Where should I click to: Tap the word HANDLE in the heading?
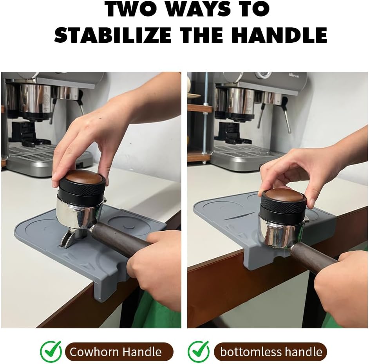pyautogui.click(x=279, y=35)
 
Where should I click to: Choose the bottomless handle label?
pyautogui.click(x=271, y=351)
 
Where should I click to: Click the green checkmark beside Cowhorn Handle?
pyautogui.click(x=51, y=351)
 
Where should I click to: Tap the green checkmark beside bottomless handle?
pyautogui.click(x=199, y=351)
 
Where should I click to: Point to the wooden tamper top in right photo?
pyautogui.click(x=284, y=194)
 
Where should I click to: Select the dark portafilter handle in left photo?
pyautogui.click(x=118, y=240)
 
